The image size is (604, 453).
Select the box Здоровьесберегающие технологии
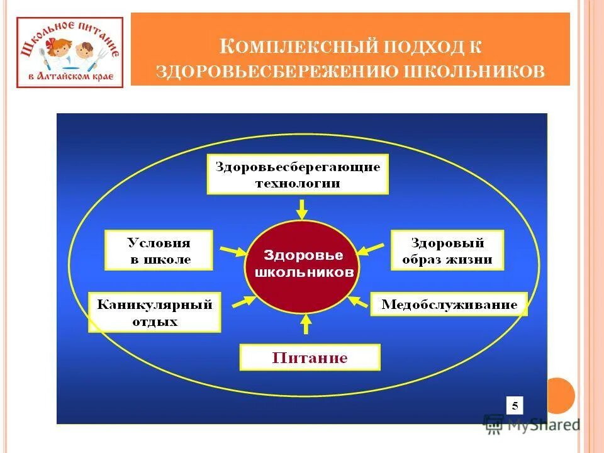(x=298, y=175)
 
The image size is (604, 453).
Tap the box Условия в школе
(x=159, y=250)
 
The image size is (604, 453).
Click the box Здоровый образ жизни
(x=447, y=250)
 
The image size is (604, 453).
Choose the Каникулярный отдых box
(x=155, y=312)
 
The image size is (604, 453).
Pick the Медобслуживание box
(x=449, y=305)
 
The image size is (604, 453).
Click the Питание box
(x=310, y=358)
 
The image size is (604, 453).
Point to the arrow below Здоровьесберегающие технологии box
(x=302, y=208)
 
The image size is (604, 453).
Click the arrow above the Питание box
(x=306, y=323)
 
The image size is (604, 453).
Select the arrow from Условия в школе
(x=232, y=252)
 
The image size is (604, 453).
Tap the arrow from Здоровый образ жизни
(x=371, y=249)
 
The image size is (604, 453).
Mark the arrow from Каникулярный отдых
(x=244, y=301)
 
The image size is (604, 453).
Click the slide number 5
(x=515, y=406)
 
